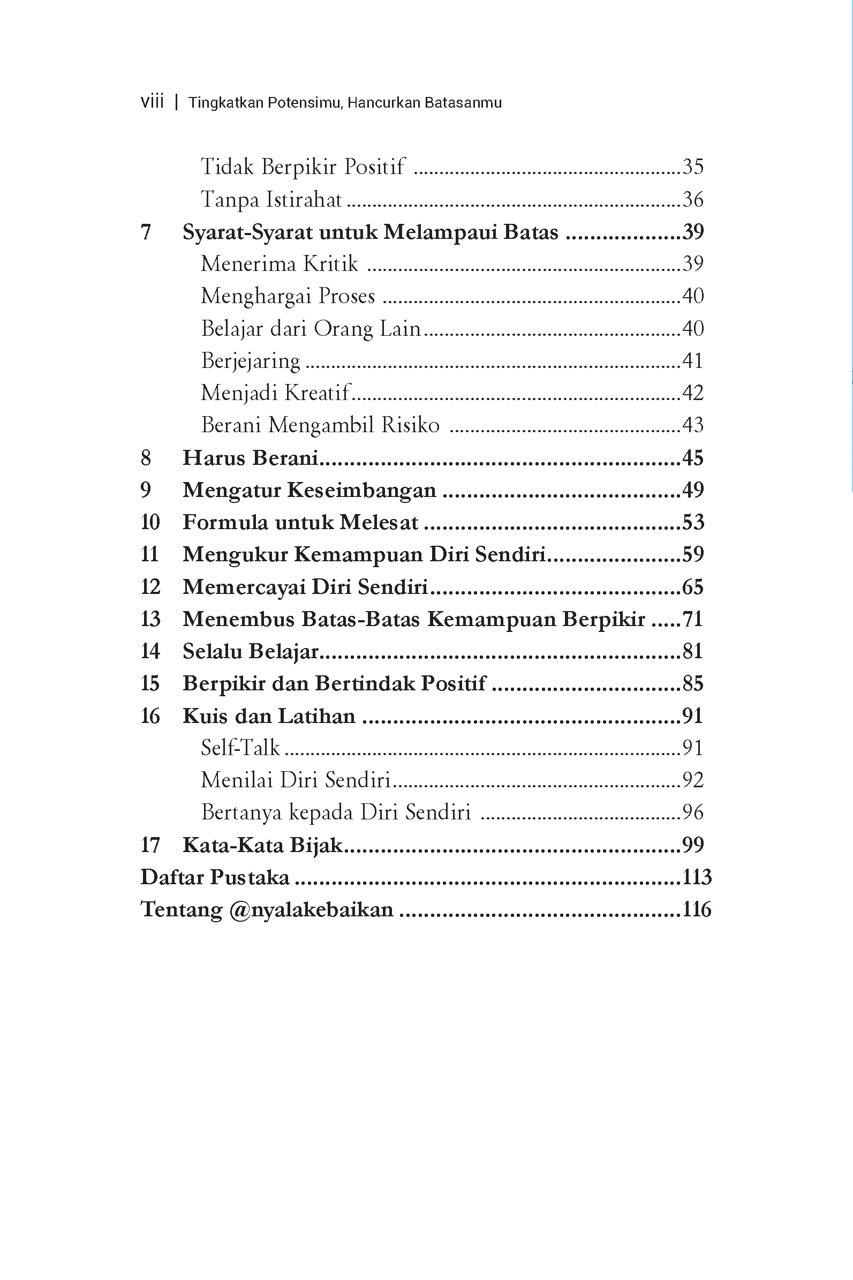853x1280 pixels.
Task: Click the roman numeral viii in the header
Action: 152,102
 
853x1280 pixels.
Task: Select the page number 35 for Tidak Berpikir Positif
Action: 692,167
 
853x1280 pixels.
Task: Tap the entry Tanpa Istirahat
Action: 271,199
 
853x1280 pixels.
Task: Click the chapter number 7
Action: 146,232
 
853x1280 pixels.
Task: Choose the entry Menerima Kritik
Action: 279,264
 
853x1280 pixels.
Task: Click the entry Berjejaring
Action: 250,360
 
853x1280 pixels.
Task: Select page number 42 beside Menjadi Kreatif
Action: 692,393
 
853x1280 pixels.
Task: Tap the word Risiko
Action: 410,425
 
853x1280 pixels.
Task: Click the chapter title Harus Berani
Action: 250,458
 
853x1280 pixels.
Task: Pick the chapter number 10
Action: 150,522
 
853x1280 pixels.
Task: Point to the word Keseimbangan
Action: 361,490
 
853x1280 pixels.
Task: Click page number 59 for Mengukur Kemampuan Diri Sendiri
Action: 692,554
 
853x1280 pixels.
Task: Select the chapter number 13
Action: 150,619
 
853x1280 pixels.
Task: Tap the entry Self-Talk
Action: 240,748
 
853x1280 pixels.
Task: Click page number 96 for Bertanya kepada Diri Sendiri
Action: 692,812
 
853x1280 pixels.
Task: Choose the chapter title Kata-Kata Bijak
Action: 262,845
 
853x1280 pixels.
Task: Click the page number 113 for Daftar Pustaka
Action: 696,877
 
